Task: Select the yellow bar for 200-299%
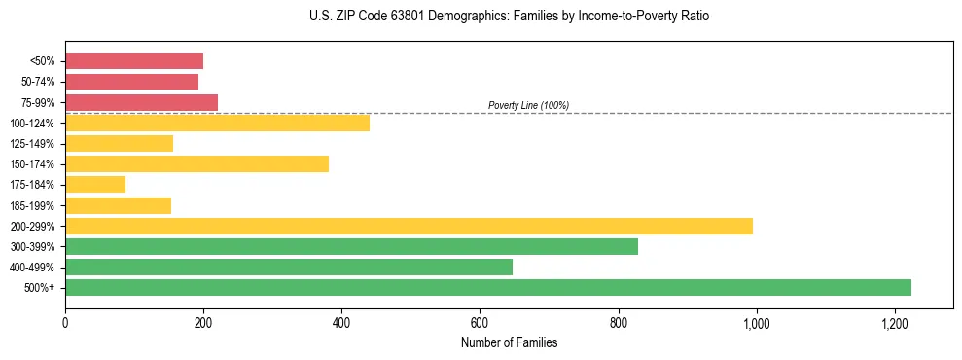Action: pos(409,226)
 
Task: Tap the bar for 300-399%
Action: pos(351,246)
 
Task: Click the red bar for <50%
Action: pos(134,61)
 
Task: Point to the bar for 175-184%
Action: pos(95,185)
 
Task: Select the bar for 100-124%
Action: pos(217,123)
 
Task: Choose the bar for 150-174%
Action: pos(196,163)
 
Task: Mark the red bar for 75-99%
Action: pos(141,102)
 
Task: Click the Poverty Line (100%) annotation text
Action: pos(528,105)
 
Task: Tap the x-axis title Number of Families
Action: pos(509,342)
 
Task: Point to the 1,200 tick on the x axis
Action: pos(895,323)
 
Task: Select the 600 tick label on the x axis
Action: pos(480,323)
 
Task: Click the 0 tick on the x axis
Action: pos(65,323)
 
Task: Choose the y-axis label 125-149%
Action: pos(33,144)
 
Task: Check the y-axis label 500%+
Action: pos(41,288)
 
